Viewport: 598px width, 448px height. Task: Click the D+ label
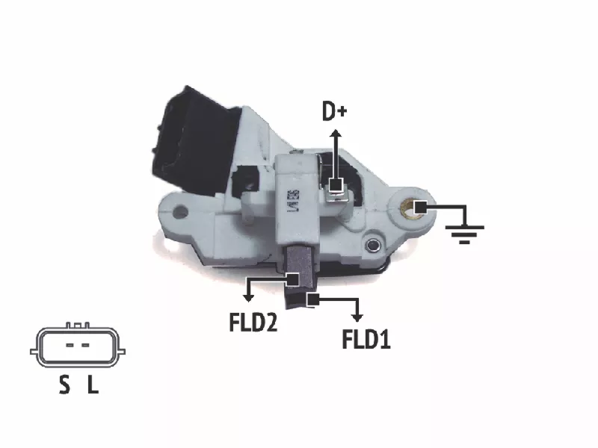(334, 111)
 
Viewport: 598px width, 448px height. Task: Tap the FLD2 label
(253, 322)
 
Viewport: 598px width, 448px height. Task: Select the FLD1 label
(366, 339)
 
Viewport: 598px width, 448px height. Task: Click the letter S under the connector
(65, 385)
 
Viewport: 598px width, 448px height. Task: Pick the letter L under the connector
(93, 385)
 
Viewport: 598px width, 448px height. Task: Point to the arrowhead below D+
(336, 134)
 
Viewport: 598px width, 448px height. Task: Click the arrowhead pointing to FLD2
(249, 297)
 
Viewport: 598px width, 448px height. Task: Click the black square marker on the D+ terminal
(336, 185)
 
